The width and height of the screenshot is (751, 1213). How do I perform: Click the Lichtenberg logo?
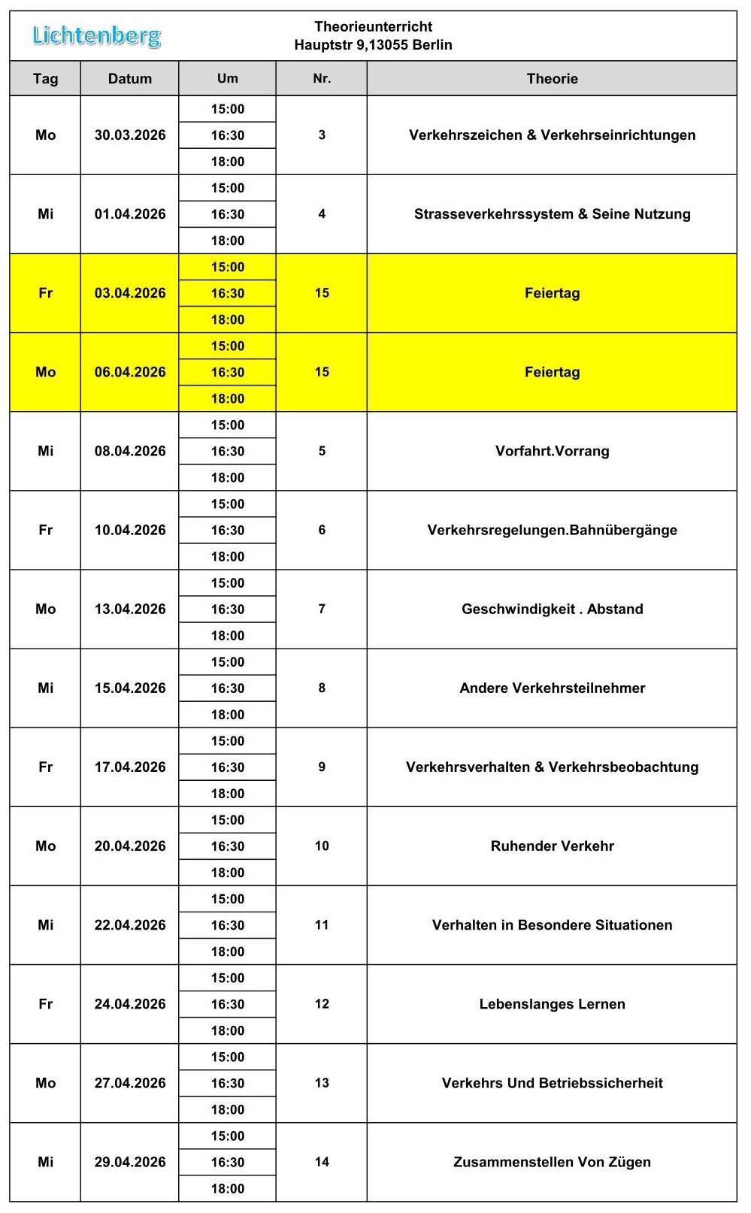click(x=96, y=35)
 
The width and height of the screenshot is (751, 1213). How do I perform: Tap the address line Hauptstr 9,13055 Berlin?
click(x=373, y=45)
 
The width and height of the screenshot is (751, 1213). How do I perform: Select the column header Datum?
click(x=129, y=79)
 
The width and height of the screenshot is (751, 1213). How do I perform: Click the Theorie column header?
click(x=552, y=79)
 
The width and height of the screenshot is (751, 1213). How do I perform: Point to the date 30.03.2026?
click(x=129, y=135)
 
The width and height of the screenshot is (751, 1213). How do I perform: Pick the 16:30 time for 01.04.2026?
click(x=227, y=214)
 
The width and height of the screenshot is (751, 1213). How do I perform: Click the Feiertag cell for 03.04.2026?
click(x=552, y=293)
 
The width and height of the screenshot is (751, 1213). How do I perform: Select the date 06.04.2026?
click(x=129, y=372)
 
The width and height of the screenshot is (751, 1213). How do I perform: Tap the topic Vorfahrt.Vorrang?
click(x=552, y=451)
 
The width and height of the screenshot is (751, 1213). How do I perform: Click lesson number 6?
click(x=322, y=530)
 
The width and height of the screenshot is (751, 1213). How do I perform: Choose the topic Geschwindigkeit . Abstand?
click(x=552, y=609)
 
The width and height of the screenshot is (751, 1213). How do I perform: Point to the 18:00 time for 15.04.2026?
click(x=227, y=714)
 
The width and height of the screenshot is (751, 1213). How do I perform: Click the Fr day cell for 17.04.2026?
click(x=45, y=767)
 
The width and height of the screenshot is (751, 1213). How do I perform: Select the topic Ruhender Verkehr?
click(x=552, y=845)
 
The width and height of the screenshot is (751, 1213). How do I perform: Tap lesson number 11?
click(x=322, y=924)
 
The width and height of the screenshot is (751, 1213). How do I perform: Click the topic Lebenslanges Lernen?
click(x=552, y=1004)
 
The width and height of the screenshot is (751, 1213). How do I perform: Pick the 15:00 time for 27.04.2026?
click(x=227, y=1057)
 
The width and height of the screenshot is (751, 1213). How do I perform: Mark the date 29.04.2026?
click(x=129, y=1162)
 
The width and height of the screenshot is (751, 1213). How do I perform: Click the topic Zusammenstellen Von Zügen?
click(x=552, y=1162)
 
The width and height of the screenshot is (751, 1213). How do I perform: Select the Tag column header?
click(x=45, y=79)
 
